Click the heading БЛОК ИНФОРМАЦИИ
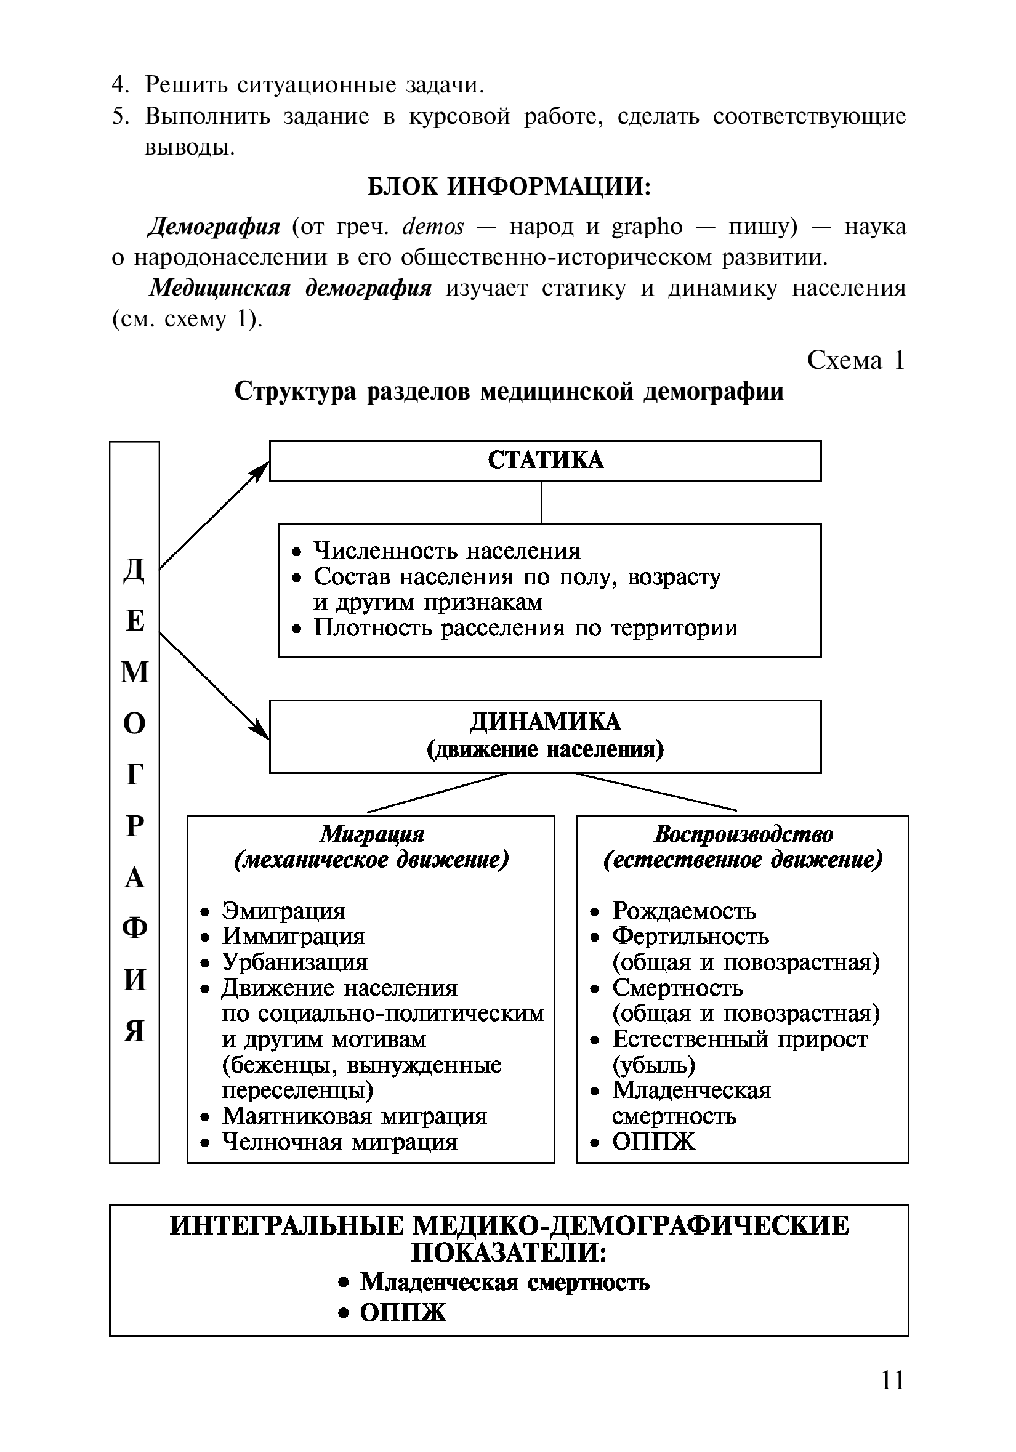pyautogui.click(x=509, y=187)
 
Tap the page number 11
pyautogui.click(x=892, y=1380)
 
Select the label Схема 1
pyautogui.click(x=855, y=360)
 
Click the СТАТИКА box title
pyautogui.click(x=545, y=460)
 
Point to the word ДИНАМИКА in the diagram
pyautogui.click(x=545, y=722)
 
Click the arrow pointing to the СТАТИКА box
pyautogui.click(x=214, y=515)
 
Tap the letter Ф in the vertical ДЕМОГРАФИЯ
pyautogui.click(x=135, y=929)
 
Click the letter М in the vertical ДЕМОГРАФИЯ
pyautogui.click(x=135, y=672)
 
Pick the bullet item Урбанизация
pyautogui.click(x=294, y=962)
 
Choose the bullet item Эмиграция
pyautogui.click(x=283, y=911)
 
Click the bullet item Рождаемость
pyautogui.click(x=683, y=911)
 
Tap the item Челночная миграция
pyautogui.click(x=339, y=1142)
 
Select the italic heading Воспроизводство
pyautogui.click(x=743, y=834)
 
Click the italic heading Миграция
pyautogui.click(x=371, y=834)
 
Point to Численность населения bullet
pyautogui.click(x=447, y=551)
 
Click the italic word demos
pyautogui.click(x=433, y=227)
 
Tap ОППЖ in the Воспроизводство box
pyautogui.click(x=653, y=1142)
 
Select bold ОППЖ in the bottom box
pyautogui.click(x=403, y=1313)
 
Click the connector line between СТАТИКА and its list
pyautogui.click(x=541, y=502)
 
